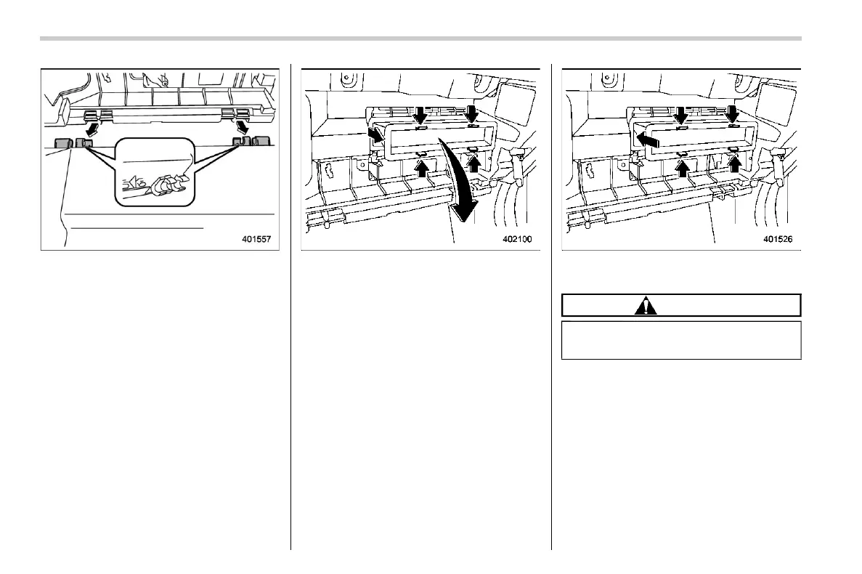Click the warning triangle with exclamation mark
[645, 306]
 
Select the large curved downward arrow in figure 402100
[458, 185]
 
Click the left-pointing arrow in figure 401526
[647, 140]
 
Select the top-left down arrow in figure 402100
[419, 113]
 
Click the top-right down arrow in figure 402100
[472, 113]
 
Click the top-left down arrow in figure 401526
[680, 113]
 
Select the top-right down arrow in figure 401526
[733, 113]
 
